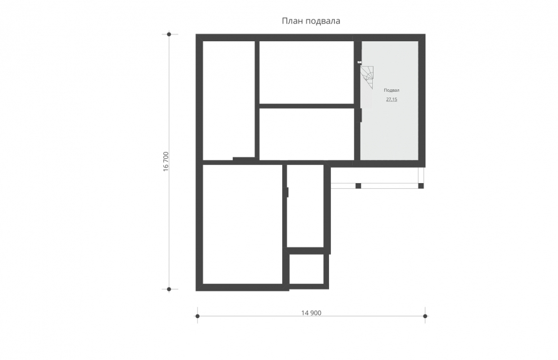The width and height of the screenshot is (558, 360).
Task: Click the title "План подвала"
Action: [x=311, y=21]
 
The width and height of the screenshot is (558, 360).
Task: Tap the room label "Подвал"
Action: [x=392, y=90]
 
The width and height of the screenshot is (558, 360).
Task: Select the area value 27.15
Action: [x=392, y=99]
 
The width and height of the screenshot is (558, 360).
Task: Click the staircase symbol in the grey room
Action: [x=367, y=77]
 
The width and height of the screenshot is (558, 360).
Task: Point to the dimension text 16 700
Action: [x=166, y=162]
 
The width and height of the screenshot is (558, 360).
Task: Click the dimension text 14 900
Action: [x=311, y=312]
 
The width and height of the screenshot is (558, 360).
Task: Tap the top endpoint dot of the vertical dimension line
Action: [x=169, y=34]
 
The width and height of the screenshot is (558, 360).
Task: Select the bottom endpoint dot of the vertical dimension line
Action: [x=169, y=289]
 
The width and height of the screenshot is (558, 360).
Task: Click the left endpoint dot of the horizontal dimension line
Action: [x=198, y=316]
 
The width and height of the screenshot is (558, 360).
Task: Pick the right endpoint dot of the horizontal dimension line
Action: [x=425, y=316]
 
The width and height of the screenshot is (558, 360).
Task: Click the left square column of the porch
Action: [x=358, y=186]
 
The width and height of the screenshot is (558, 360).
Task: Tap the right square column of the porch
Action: [x=421, y=186]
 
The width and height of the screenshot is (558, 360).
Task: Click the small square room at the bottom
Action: [x=307, y=269]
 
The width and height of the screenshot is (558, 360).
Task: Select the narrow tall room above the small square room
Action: [x=305, y=206]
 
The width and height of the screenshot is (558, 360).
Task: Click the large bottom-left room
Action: [x=242, y=224]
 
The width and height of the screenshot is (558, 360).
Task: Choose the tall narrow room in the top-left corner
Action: [x=229, y=101]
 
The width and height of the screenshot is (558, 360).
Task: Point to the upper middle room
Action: [x=307, y=72]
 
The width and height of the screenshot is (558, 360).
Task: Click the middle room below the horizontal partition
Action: [x=307, y=134]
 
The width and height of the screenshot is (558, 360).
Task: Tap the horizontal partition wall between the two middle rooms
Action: [x=307, y=106]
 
